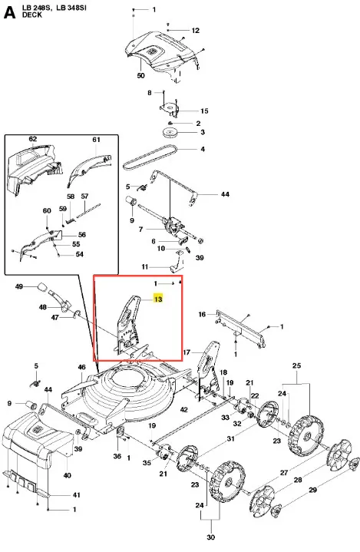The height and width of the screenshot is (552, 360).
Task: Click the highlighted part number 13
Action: (158, 299)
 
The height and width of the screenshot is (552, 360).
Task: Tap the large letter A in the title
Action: (9, 13)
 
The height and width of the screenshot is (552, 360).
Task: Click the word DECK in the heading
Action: (32, 15)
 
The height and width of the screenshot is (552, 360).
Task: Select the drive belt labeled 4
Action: (150, 157)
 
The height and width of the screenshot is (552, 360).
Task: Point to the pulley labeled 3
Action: (170, 134)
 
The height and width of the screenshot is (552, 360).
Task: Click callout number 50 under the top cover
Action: (140, 75)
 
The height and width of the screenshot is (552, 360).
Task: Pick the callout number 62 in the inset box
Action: (33, 139)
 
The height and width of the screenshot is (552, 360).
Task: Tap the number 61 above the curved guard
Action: (97, 140)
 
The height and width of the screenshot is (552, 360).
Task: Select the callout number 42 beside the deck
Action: (184, 409)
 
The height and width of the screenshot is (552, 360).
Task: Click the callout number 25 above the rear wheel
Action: (296, 365)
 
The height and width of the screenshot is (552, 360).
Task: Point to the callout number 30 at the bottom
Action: (210, 537)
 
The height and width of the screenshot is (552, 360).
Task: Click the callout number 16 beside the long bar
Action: (202, 314)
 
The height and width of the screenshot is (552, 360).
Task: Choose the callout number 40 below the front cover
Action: (68, 475)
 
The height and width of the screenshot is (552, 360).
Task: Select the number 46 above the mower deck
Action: (81, 367)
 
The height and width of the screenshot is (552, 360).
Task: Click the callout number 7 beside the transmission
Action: (140, 230)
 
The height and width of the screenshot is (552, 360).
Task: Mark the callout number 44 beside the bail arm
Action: (225, 194)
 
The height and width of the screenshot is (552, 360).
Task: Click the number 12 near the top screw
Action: (195, 31)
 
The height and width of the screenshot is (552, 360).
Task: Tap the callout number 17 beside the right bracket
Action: (187, 352)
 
